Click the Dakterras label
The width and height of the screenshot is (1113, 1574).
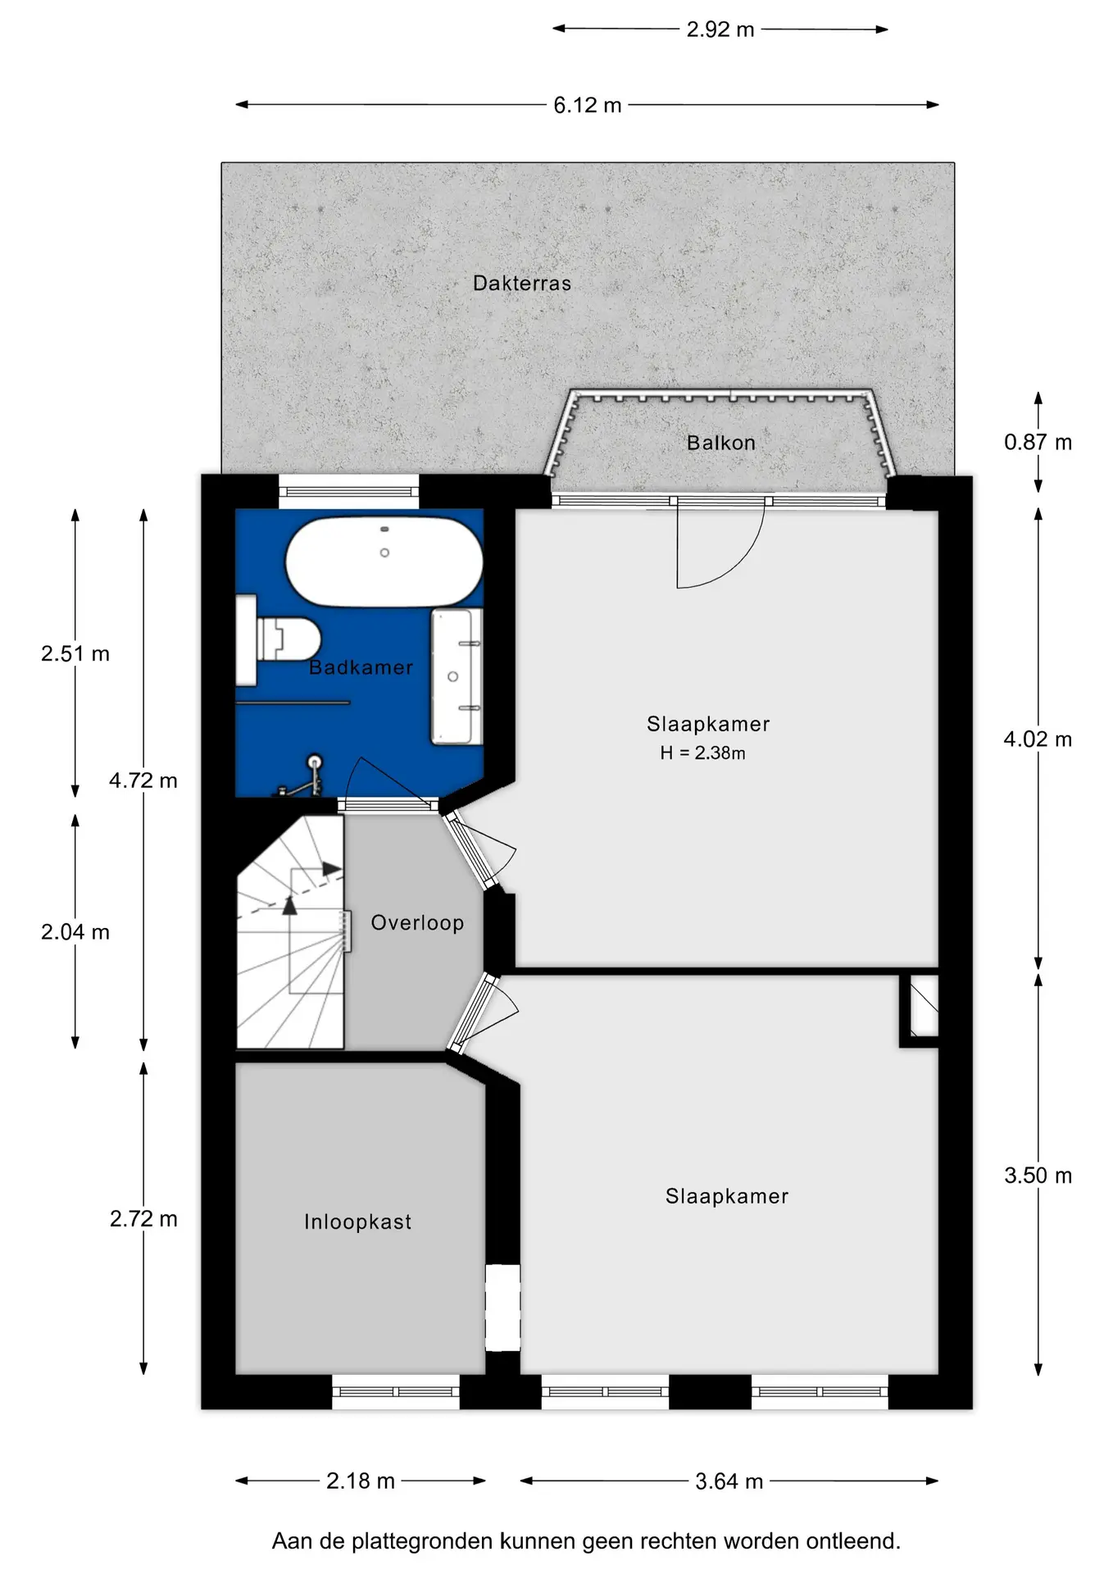click(522, 284)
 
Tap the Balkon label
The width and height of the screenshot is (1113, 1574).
click(721, 443)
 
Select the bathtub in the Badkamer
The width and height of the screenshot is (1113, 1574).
click(384, 562)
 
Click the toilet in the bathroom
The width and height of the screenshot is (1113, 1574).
click(279, 640)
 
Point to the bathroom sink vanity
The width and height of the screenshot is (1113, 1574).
click(457, 676)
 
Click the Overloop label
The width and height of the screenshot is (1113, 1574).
click(417, 923)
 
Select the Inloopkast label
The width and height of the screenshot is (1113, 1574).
click(357, 1221)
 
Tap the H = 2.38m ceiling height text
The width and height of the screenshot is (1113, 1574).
click(702, 753)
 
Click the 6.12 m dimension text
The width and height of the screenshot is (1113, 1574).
click(587, 105)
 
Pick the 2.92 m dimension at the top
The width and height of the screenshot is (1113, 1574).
click(720, 30)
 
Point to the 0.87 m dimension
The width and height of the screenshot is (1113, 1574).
click(1038, 443)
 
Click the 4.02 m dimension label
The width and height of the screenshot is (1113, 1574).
click(1038, 739)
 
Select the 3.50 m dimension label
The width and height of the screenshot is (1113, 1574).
click(1038, 1176)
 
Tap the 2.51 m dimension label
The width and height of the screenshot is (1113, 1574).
click(75, 653)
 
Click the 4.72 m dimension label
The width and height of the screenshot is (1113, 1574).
click(143, 780)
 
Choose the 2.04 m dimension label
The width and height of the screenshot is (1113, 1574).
click(75, 932)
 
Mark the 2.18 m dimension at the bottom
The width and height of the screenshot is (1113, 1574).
click(361, 1481)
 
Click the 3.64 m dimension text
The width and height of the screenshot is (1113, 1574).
click(729, 1481)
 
